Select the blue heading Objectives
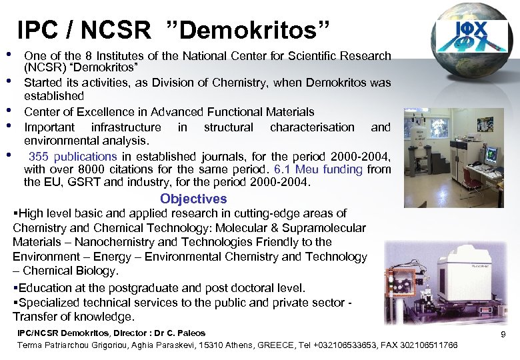tap(193, 199)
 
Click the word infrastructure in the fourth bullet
tap(126, 127)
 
